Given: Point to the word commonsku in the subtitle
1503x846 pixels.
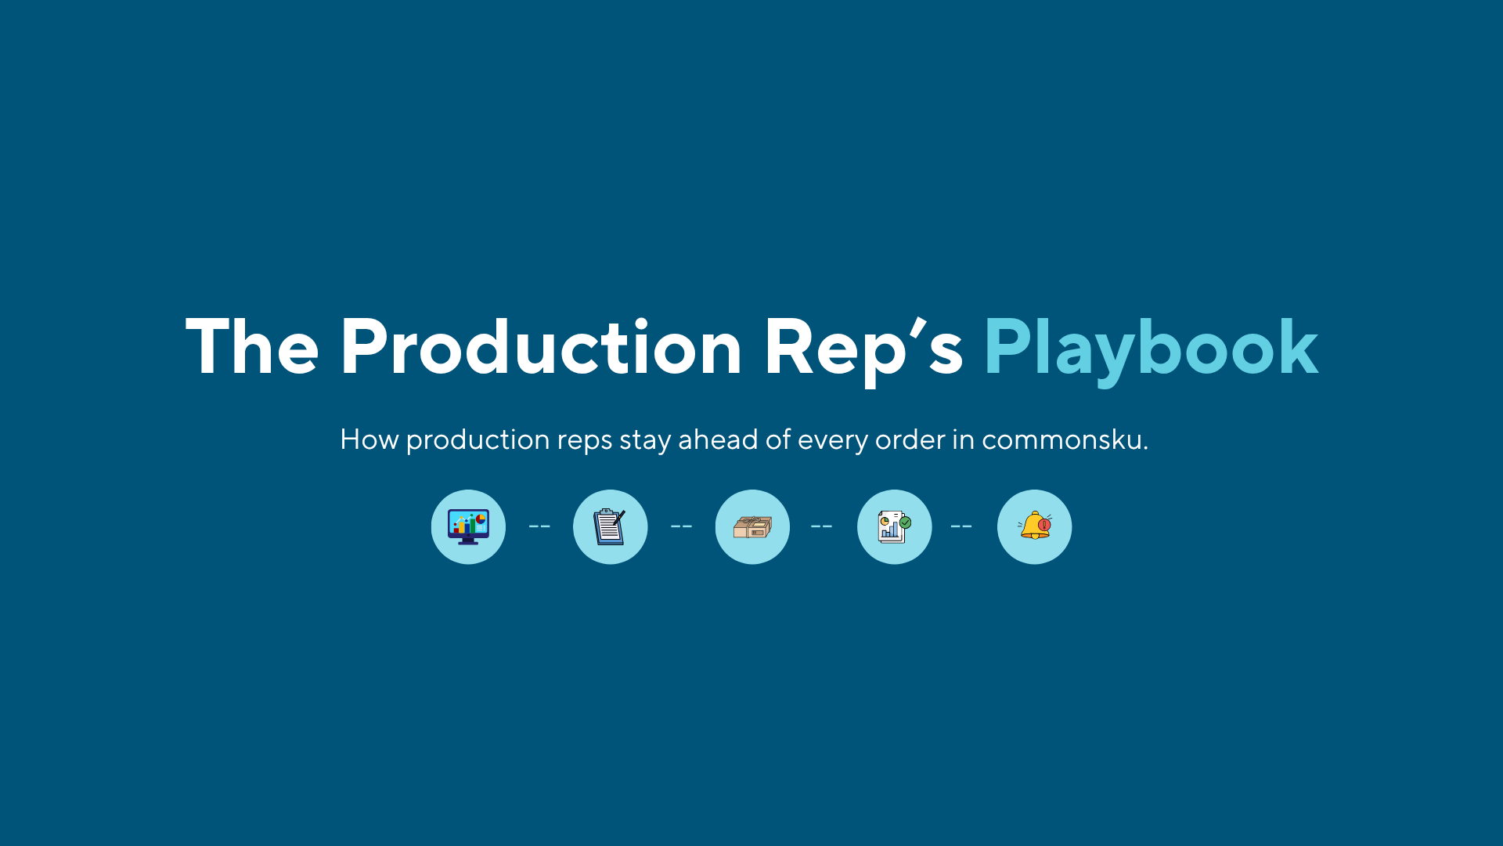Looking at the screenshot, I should [x=1065, y=439].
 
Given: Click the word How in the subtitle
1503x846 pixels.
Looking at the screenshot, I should [x=369, y=439].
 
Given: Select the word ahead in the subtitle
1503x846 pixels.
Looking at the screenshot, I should [x=718, y=439].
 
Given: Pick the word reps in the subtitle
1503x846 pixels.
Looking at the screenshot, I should [x=584, y=439].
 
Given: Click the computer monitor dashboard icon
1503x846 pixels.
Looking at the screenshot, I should [x=468, y=526].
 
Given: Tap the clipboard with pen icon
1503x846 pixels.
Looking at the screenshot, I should [x=610, y=526].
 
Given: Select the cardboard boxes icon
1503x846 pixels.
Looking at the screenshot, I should [x=752, y=526].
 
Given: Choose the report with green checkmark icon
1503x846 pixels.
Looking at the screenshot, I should [x=894, y=526].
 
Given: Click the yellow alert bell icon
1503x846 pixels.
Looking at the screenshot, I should [x=1034, y=526].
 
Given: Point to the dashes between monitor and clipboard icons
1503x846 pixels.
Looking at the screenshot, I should [x=539, y=526].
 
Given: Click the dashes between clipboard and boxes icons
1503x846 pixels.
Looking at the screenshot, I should [x=681, y=526].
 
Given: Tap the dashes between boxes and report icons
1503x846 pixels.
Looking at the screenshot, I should [x=821, y=526].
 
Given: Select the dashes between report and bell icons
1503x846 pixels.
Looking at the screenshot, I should [x=961, y=526].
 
